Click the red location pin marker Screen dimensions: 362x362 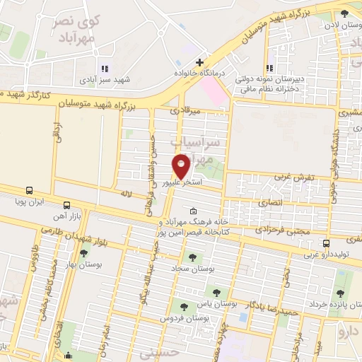(x=182, y=165)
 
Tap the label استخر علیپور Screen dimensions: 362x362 (x=183, y=182)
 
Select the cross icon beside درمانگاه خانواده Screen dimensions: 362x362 (x=200, y=62)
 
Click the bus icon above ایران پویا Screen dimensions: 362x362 (x=29, y=190)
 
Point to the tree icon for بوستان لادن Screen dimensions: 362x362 (x=344, y=13)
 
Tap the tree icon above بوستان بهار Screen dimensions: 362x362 (x=84, y=253)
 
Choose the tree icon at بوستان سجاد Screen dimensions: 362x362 (x=189, y=257)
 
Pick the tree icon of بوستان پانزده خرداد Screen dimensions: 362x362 (x=341, y=293)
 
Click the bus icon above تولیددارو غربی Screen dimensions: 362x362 (x=325, y=244)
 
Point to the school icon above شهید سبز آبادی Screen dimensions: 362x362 (x=104, y=69)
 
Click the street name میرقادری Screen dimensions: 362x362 (x=186, y=111)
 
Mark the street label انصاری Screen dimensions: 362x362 (x=272, y=203)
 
